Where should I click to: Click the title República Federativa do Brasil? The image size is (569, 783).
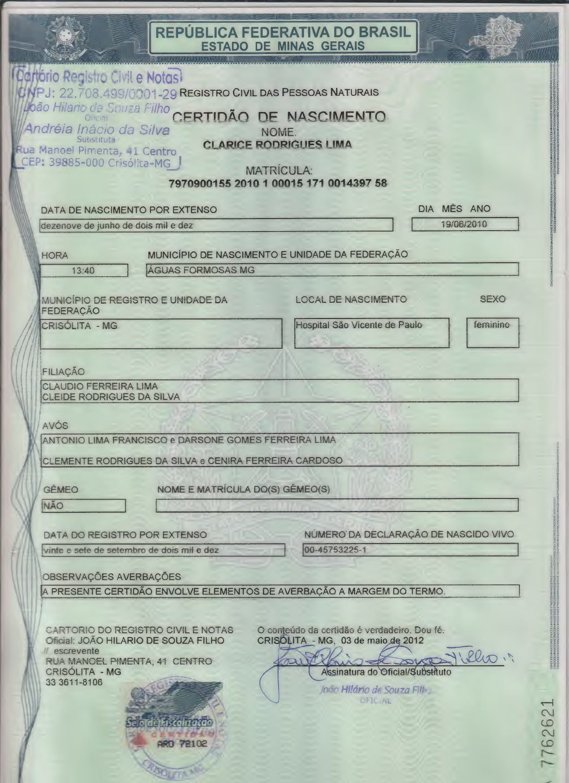click(x=283, y=32)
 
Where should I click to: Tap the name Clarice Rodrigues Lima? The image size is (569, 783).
click(x=278, y=145)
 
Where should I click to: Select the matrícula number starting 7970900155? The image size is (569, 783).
click(x=278, y=183)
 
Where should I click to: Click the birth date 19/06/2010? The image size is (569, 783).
click(x=464, y=224)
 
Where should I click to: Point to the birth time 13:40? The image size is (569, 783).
click(x=83, y=271)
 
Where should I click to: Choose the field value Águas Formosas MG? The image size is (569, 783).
click(x=201, y=270)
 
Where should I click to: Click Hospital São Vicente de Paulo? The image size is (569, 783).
click(x=359, y=325)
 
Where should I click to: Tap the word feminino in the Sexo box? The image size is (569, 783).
click(x=491, y=325)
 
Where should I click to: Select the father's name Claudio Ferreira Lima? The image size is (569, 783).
click(x=100, y=386)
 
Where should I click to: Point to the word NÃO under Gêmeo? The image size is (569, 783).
click(x=53, y=506)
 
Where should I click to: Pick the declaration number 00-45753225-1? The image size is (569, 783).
click(x=335, y=550)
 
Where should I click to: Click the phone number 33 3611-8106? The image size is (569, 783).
click(x=74, y=682)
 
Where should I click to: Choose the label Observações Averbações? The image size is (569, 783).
click(x=112, y=577)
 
